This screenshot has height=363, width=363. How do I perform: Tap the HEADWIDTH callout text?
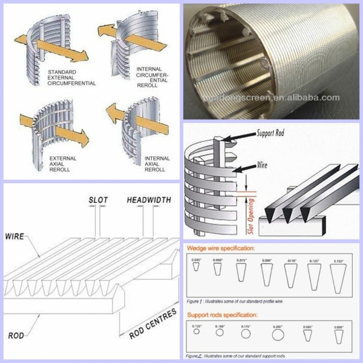point(149,199)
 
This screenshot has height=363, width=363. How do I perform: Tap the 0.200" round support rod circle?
point(278,335)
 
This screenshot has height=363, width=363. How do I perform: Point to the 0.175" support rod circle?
point(246,333)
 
